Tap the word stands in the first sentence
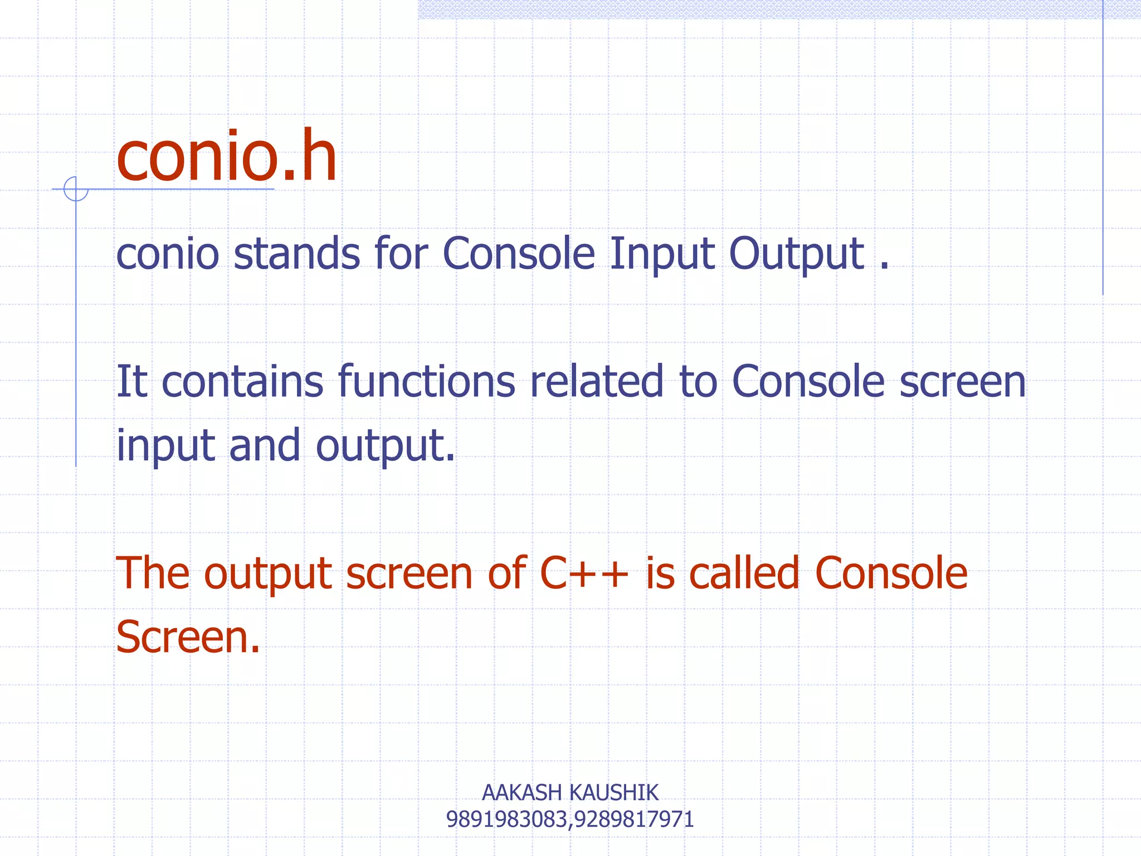pyautogui.click(x=296, y=254)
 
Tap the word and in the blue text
pyautogui.click(x=265, y=445)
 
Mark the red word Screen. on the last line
pyautogui.click(x=188, y=637)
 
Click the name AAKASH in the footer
pyautogui.click(x=521, y=792)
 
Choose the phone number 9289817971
pyautogui.click(x=634, y=819)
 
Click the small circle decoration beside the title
pyautogui.click(x=76, y=189)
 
